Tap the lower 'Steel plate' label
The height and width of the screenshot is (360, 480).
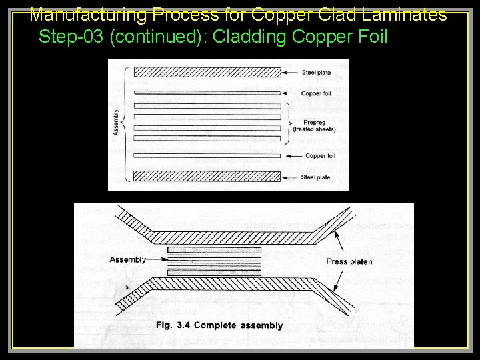(317, 177)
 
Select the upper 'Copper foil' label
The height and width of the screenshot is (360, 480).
(317, 93)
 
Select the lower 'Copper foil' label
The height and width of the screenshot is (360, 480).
(320, 156)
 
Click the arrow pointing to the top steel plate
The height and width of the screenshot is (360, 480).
(291, 71)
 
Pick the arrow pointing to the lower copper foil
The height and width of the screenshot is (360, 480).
(293, 156)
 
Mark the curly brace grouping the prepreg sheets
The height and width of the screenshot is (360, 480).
(289, 121)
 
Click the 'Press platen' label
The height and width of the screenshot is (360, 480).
(349, 261)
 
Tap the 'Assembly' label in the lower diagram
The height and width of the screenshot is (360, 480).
(127, 259)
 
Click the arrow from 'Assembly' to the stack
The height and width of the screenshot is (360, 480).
(156, 259)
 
